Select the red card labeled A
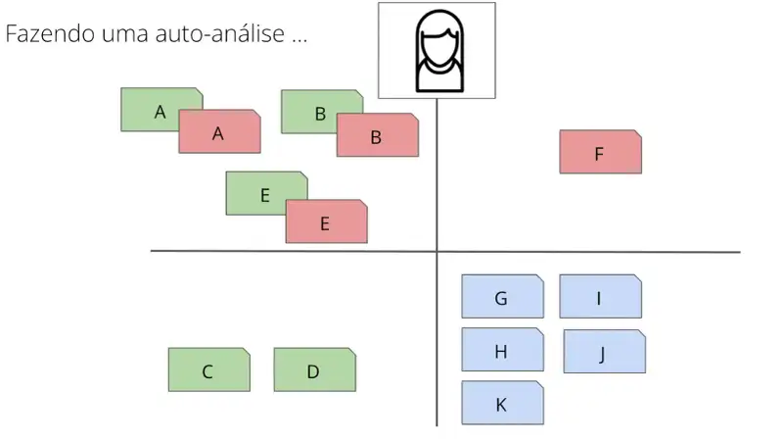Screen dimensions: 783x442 (x=219, y=131)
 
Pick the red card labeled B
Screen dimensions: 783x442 (x=378, y=135)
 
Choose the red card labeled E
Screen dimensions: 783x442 (x=327, y=221)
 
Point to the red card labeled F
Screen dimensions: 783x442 (x=601, y=152)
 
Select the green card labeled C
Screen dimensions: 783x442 (x=209, y=369)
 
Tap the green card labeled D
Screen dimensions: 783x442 (x=315, y=369)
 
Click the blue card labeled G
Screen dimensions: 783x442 (x=503, y=296)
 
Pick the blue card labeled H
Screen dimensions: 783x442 (x=503, y=350)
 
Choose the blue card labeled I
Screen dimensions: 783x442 (x=601, y=296)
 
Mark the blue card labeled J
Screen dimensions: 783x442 (x=605, y=352)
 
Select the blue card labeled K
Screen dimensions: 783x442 (x=503, y=403)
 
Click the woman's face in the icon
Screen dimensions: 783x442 (x=439, y=47)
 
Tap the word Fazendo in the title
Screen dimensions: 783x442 (x=50, y=33)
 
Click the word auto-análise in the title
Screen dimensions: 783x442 (x=220, y=33)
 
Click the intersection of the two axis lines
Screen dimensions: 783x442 (x=437, y=252)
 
